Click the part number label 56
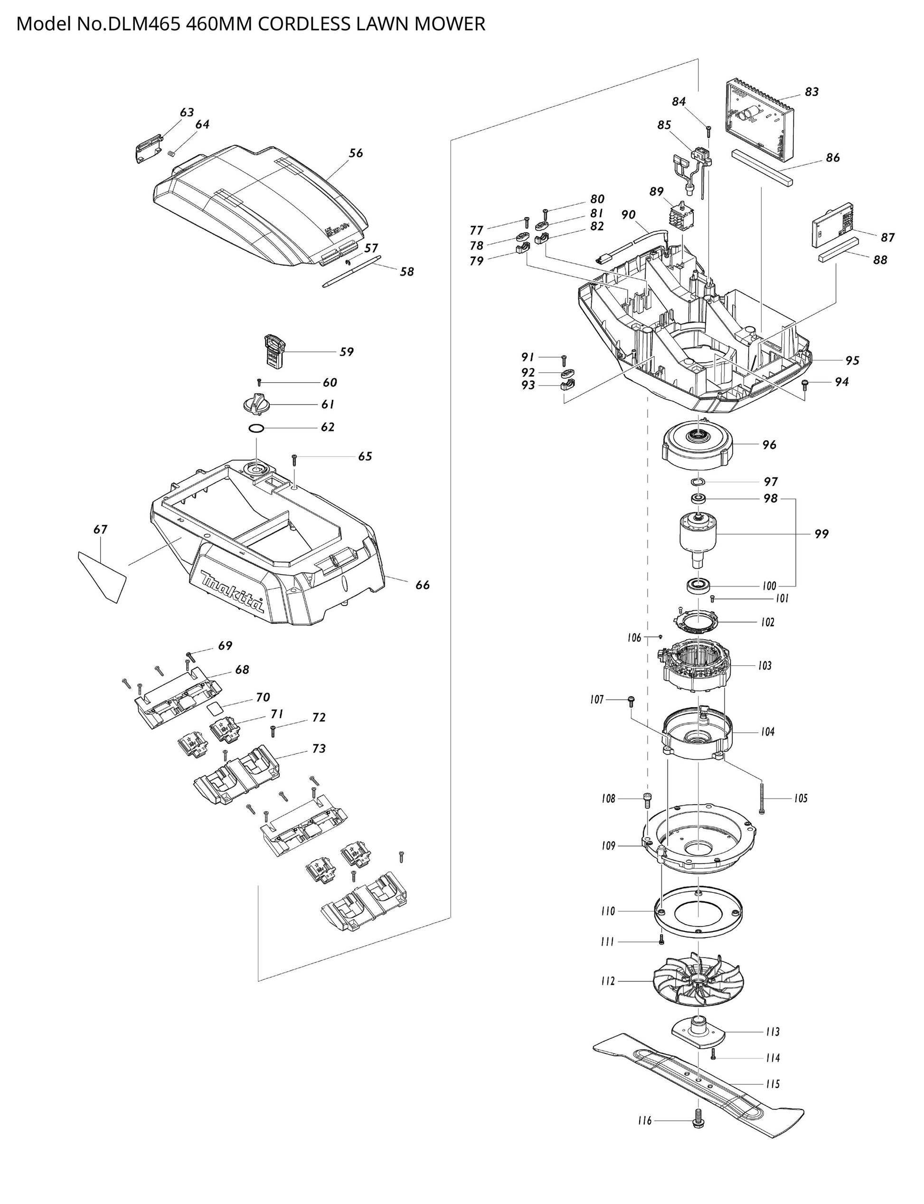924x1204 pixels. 356,153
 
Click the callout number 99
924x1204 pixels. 820,533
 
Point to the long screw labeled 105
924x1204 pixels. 762,797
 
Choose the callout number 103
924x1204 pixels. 764,665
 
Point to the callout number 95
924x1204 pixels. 852,360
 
